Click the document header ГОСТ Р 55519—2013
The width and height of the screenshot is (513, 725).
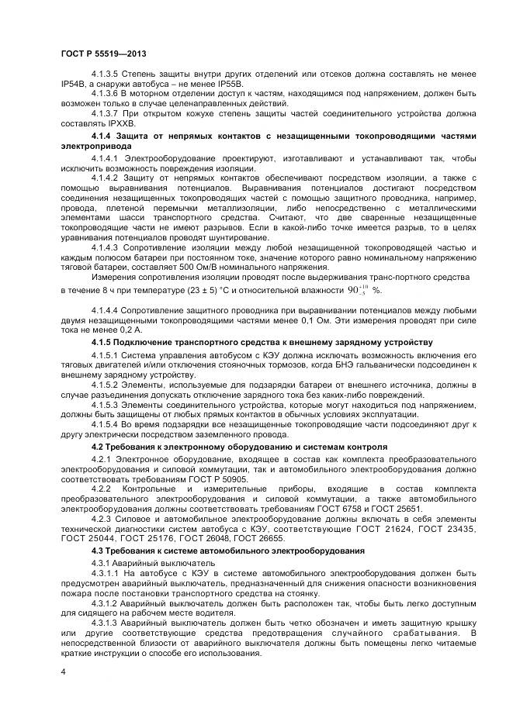103,53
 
